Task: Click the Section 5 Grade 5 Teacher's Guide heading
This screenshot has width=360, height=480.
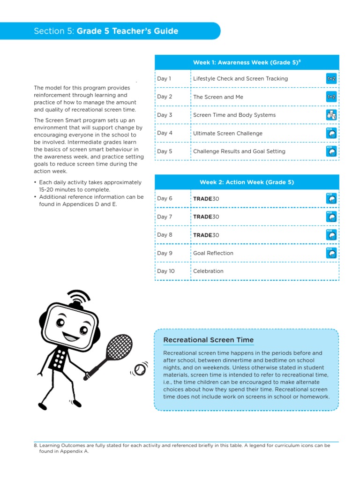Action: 106,31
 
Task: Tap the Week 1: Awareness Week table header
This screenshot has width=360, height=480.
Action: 247,62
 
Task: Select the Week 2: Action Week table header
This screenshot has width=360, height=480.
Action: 247,182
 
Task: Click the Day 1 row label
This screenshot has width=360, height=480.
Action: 165,79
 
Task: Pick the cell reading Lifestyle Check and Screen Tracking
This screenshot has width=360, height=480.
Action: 240,79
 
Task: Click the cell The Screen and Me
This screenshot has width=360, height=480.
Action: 218,97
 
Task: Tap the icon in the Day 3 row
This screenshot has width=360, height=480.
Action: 331,115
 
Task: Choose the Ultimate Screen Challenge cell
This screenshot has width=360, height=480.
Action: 228,133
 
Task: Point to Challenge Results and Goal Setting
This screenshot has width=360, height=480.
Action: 239,151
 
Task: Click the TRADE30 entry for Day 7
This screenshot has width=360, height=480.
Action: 206,217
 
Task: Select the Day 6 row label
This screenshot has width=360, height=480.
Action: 165,199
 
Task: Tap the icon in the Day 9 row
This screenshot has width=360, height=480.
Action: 331,253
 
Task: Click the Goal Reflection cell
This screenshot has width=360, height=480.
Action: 213,253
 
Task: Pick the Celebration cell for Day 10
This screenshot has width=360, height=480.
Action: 208,271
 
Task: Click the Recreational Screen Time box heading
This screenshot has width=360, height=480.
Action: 208,340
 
